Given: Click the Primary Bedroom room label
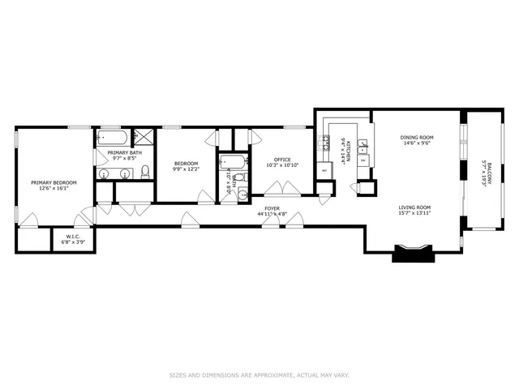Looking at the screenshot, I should point(54,183).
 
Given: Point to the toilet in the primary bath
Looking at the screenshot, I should point(145,172).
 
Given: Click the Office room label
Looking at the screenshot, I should point(282,159).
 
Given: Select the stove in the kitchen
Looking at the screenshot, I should point(324,146).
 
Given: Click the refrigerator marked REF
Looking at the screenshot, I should point(325,171).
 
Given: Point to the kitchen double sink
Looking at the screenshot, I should point(363,147).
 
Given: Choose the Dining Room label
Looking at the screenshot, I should point(417,138).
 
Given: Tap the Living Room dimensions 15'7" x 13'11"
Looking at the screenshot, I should point(414,214).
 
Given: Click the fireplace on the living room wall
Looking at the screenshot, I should point(414,253).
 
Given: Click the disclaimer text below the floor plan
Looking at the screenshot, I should point(259,375).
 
